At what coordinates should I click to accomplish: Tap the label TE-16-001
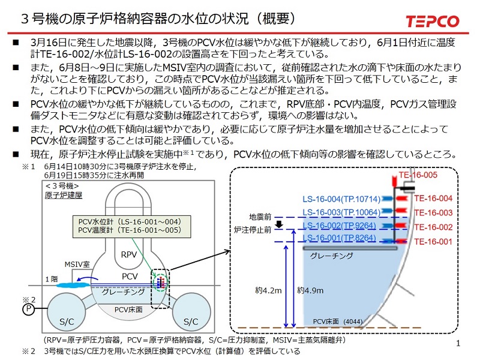coord(433,242)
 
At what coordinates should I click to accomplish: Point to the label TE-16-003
coord(433,212)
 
